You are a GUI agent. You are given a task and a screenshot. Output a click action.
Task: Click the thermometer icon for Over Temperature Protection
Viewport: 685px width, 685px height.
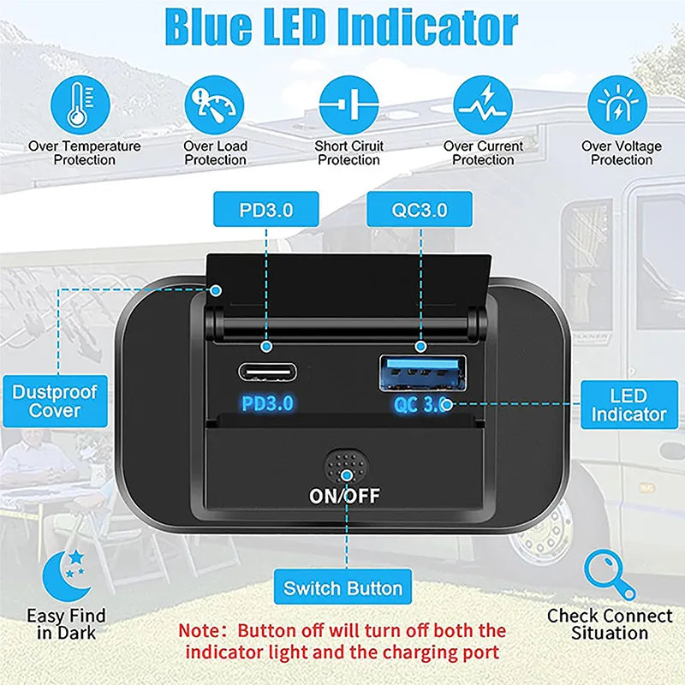(x=80, y=104)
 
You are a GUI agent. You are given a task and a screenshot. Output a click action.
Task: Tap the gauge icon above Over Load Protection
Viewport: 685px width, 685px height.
(x=214, y=104)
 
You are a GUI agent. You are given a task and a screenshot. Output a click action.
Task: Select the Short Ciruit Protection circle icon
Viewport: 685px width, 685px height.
(x=348, y=104)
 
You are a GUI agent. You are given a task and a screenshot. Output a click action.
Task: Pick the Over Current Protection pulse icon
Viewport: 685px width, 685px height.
(x=483, y=104)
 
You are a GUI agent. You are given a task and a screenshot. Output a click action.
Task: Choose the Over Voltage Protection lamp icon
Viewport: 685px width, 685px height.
(x=617, y=104)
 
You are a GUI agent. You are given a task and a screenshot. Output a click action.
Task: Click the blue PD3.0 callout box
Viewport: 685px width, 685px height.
(x=266, y=209)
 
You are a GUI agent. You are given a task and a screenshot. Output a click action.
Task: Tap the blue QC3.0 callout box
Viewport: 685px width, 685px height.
(x=420, y=209)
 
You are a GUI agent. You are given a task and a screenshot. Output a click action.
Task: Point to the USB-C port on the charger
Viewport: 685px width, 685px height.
(x=267, y=372)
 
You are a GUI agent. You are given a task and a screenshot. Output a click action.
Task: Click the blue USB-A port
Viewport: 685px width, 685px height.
(x=422, y=373)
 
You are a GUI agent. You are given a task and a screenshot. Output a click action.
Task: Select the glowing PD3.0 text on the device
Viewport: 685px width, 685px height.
(x=267, y=403)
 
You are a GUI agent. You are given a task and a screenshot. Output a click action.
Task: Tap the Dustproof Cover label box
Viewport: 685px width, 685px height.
(x=55, y=401)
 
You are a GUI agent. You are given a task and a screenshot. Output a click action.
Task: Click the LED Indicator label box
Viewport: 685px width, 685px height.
(x=629, y=404)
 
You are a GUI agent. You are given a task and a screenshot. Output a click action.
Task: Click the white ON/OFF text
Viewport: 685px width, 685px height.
(x=344, y=496)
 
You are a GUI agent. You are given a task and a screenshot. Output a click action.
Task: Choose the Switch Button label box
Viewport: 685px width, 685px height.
(x=343, y=587)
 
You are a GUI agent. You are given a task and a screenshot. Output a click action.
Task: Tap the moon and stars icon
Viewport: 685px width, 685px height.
(x=68, y=575)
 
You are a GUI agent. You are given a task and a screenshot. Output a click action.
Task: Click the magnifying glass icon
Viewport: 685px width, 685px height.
(x=610, y=575)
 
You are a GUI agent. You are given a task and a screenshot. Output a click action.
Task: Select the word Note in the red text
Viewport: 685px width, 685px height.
(x=201, y=631)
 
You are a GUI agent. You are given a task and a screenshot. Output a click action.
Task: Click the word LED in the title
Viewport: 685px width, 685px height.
(x=296, y=27)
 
